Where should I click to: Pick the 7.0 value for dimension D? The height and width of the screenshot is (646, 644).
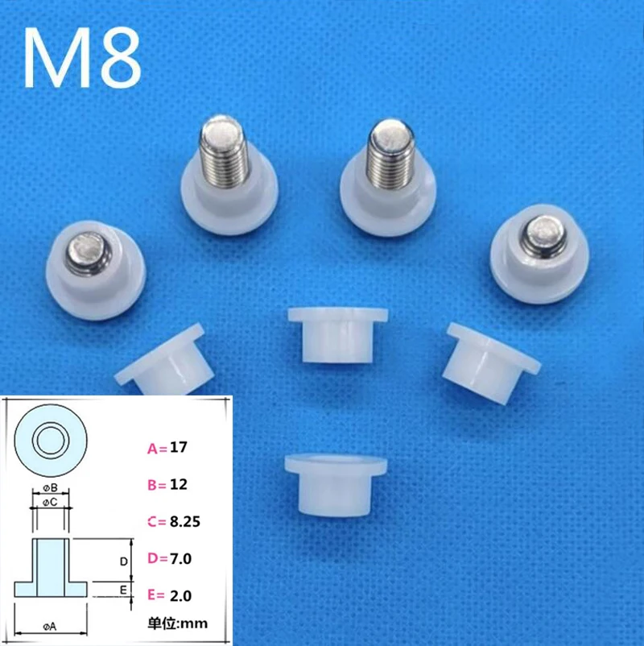(x=182, y=557)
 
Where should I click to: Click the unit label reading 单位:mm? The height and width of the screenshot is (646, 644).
(x=178, y=623)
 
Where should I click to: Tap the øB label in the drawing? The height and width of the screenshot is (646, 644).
(x=50, y=488)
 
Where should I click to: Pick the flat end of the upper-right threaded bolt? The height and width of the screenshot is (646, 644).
(x=389, y=132)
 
